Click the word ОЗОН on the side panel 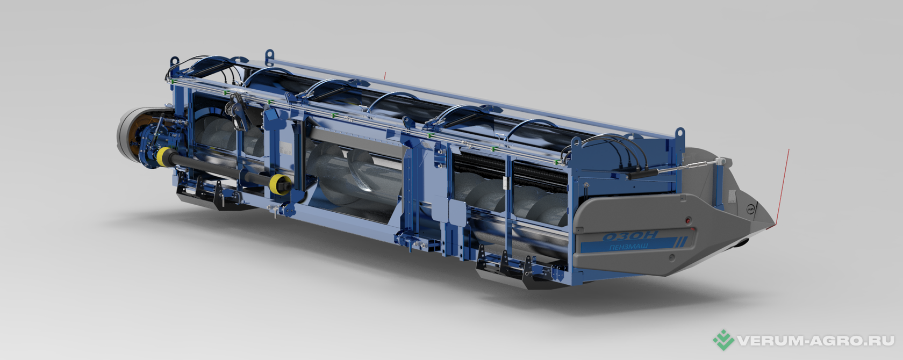point(630,235)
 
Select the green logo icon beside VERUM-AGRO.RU point(723,340)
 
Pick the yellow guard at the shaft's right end point(278,185)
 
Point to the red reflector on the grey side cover point(688,220)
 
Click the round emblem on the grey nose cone point(750,209)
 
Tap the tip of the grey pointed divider point(774,224)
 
